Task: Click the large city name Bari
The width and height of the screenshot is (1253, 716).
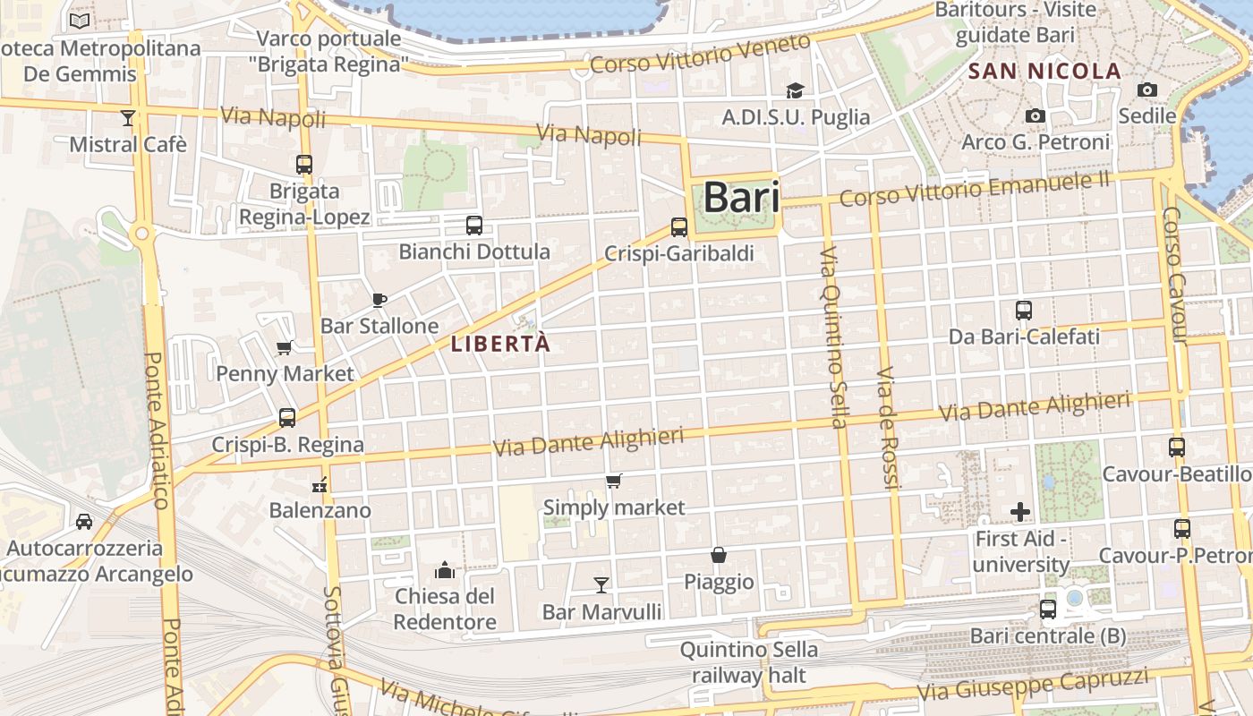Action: click(741, 198)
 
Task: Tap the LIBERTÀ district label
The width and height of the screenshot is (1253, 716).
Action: click(500, 344)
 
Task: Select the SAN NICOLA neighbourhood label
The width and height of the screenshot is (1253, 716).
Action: click(1045, 72)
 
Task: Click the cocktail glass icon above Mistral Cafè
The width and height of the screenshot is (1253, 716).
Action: click(128, 117)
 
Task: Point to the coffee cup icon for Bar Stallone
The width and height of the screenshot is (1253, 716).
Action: click(379, 300)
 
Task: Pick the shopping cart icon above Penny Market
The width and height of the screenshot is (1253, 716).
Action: click(285, 347)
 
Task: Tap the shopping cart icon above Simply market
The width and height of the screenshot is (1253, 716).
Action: click(614, 482)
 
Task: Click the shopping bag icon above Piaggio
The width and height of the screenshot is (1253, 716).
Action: click(719, 555)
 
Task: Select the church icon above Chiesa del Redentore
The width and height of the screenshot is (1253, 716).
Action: click(445, 570)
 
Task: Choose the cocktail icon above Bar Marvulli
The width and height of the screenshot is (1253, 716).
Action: click(601, 585)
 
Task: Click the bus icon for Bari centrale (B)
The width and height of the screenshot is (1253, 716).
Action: click(1048, 609)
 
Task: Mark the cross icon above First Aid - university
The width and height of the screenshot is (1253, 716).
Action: click(1020, 512)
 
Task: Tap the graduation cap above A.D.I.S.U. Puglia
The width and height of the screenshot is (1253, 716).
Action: click(795, 90)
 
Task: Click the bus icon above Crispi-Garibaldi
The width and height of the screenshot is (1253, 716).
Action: click(679, 227)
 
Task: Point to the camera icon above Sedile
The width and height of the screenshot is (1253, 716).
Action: click(1146, 89)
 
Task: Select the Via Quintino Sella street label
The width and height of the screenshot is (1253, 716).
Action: click(832, 337)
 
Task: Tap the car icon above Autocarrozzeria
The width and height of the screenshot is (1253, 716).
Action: click(84, 521)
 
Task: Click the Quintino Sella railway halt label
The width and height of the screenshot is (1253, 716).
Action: click(748, 662)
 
